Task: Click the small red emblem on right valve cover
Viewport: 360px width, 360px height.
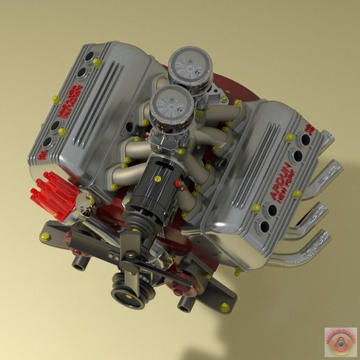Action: [309, 129]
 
